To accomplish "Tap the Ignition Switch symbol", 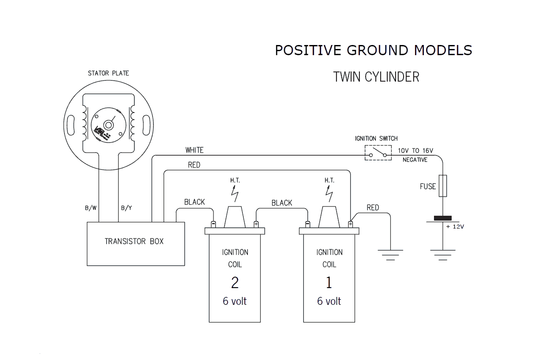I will [378, 153].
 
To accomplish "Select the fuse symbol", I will [443, 186].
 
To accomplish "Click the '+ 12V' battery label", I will [455, 227].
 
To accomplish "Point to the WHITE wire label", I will [194, 150].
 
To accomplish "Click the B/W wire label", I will [91, 208].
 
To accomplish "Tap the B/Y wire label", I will [127, 208].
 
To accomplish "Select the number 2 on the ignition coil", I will [235, 283].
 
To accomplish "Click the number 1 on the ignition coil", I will [329, 283].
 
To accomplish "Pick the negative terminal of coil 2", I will [213, 224].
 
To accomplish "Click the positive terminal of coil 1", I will [350, 224].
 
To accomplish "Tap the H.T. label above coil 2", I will [235, 180].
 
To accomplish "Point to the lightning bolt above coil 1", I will [329, 193].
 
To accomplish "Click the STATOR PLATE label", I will [108, 73].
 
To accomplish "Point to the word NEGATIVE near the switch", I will [415, 160].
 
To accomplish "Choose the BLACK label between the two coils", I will [282, 203].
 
